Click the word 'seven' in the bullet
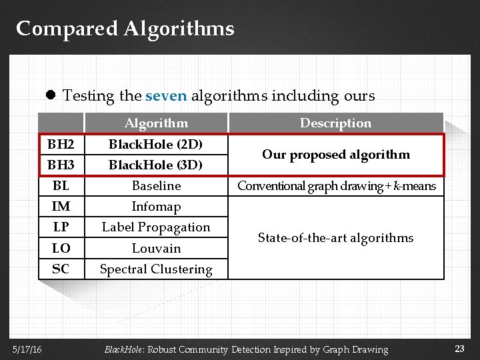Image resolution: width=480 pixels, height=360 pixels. [x=165, y=95]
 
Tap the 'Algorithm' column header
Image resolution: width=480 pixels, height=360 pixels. [x=156, y=123]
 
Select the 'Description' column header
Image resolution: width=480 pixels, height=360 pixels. [x=335, y=123]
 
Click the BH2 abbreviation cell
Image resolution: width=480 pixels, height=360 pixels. [x=61, y=144]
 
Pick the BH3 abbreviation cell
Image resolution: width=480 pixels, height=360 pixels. [x=61, y=164]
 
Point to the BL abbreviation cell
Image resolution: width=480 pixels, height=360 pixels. [x=61, y=185]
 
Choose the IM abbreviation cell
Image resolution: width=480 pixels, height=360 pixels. [x=61, y=206]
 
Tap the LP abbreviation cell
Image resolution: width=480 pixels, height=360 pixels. [x=61, y=227]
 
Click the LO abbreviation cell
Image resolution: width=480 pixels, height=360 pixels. [x=61, y=248]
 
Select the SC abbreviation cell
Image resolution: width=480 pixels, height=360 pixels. [x=61, y=269]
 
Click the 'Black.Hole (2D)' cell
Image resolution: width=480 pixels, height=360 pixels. [x=156, y=144]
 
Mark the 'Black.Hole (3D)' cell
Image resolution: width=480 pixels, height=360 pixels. [x=156, y=164]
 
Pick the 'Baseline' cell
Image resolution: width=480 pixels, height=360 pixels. [x=156, y=185]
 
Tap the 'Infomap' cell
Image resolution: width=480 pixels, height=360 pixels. [x=156, y=206]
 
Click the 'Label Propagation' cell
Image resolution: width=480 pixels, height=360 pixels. [x=156, y=227]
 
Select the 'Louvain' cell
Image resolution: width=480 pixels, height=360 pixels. [x=156, y=248]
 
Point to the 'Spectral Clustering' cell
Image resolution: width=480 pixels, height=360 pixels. [x=156, y=269]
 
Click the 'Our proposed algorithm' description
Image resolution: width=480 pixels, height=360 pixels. [x=335, y=154]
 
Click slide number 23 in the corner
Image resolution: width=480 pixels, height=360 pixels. [x=459, y=348]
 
